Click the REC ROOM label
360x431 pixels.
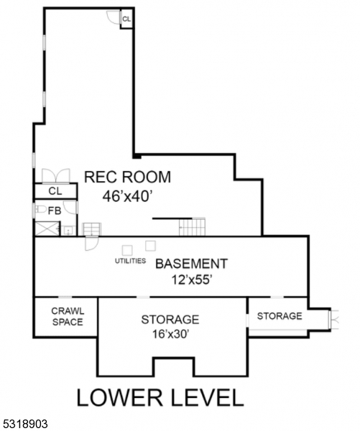coord(127,177)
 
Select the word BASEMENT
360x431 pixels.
coord(191,264)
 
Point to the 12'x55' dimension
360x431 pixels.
coord(192,281)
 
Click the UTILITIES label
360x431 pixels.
coord(131,261)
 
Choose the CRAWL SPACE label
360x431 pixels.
coord(67,316)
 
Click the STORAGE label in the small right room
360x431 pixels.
coord(280,316)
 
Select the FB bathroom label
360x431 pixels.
coord(55,211)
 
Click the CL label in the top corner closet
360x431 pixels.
coord(126,19)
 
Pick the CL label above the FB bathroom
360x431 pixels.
coord(55,192)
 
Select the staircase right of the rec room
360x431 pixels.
coord(192,227)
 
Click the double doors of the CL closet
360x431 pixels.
coord(55,177)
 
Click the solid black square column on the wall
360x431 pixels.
coord(135,154)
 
